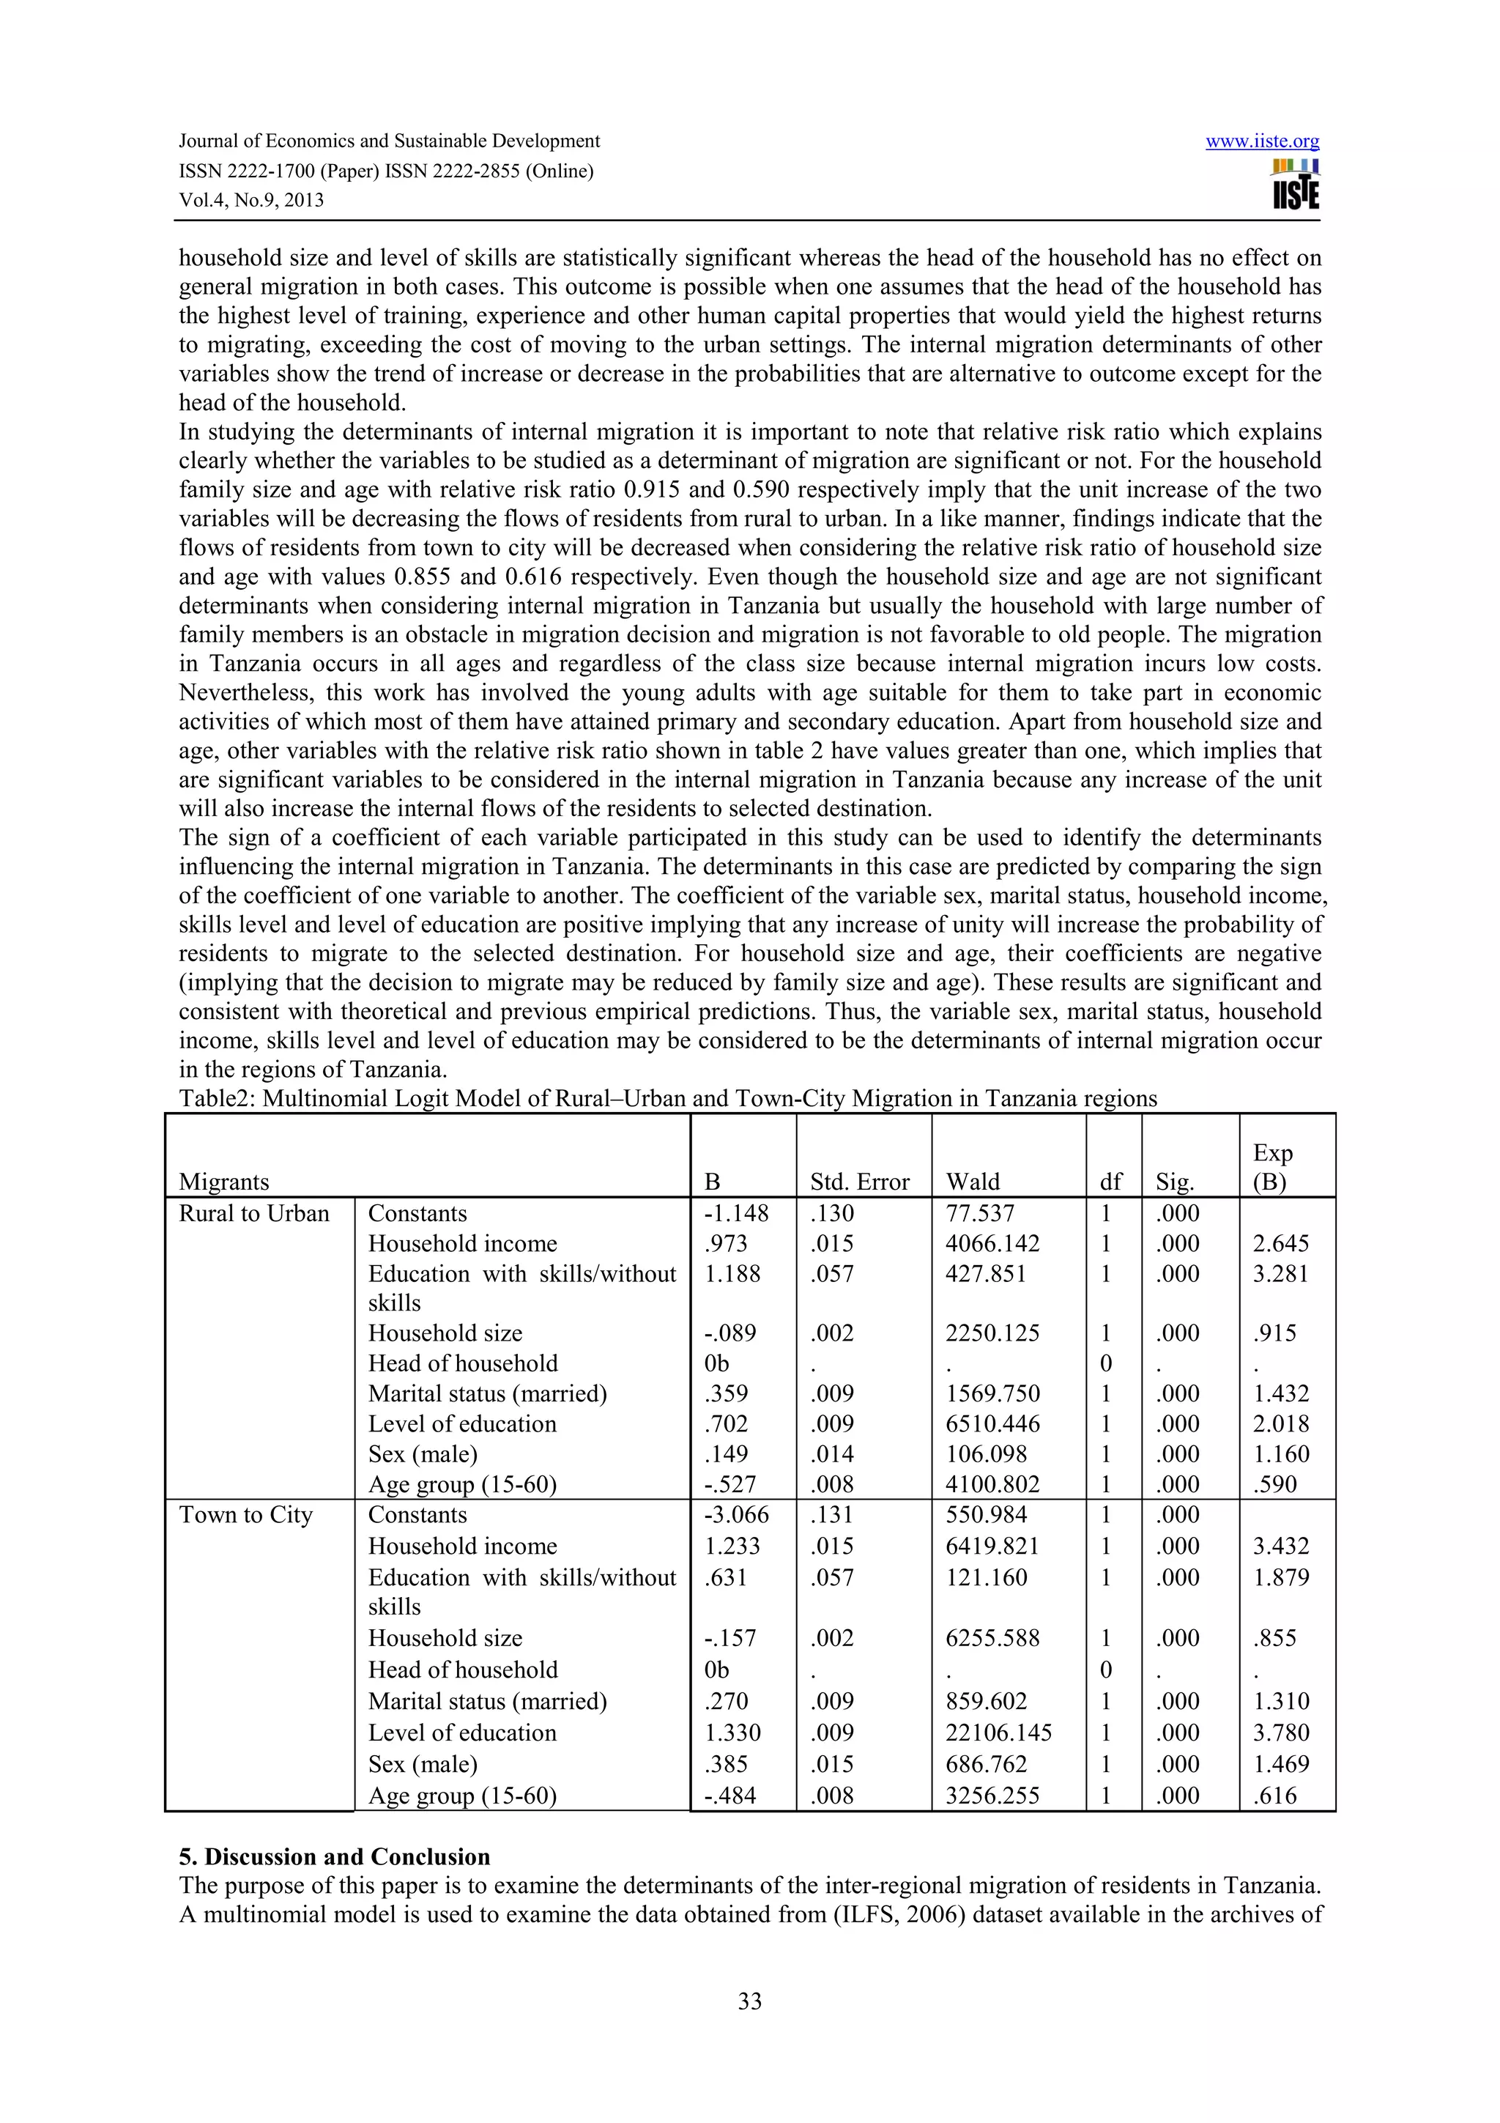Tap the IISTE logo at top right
tap(1295, 185)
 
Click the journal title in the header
tap(389, 141)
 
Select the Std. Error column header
tap(860, 1182)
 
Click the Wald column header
tap(973, 1182)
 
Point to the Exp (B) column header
tap(1273, 1167)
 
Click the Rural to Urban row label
tap(254, 1213)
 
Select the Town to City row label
tap(246, 1514)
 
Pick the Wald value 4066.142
tap(992, 1244)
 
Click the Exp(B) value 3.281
tap(1281, 1273)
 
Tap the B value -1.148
tap(735, 1213)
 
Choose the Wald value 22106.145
tap(998, 1732)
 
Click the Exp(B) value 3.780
tap(1281, 1732)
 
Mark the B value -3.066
tap(735, 1514)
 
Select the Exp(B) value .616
tap(1274, 1795)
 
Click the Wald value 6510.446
tap(992, 1424)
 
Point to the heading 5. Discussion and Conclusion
tap(335, 1856)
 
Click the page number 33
tap(749, 2001)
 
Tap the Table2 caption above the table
tap(667, 1098)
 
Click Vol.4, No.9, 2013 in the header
tap(251, 201)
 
